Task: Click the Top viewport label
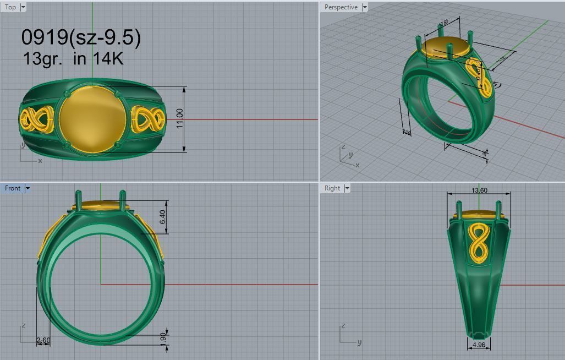[10, 7]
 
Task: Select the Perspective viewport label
[341, 7]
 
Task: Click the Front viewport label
[12, 188]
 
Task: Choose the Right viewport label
[332, 188]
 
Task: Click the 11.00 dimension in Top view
[180, 119]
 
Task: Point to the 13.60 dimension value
[479, 190]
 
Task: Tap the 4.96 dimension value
[479, 345]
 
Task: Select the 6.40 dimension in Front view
[162, 217]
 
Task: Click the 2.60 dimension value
[43, 340]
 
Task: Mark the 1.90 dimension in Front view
[163, 337]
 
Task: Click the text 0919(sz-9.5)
[81, 37]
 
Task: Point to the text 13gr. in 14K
[73, 58]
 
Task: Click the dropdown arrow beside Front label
[28, 188]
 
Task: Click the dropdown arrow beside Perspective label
[364, 7]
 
